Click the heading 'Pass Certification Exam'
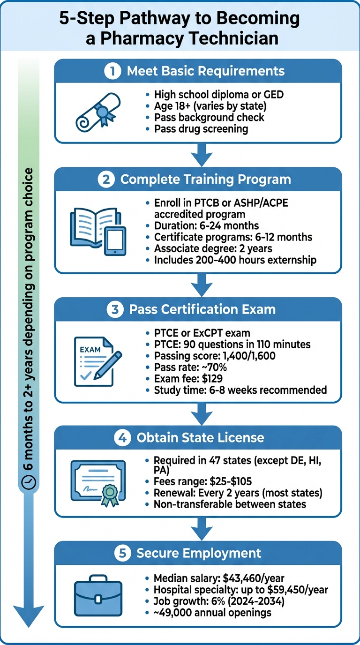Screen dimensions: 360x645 [202, 310]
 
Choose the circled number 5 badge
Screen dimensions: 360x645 [122, 553]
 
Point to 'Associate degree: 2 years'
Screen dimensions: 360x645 [212, 248]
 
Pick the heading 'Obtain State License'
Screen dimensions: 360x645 [200, 438]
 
